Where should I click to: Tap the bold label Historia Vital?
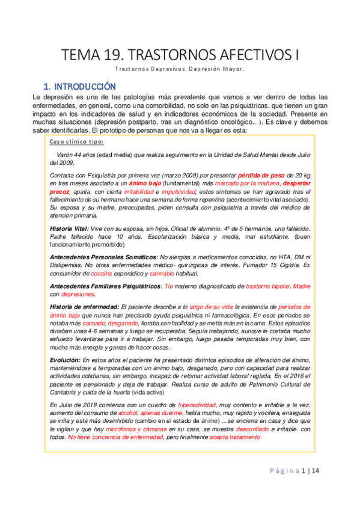[x=69, y=230]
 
